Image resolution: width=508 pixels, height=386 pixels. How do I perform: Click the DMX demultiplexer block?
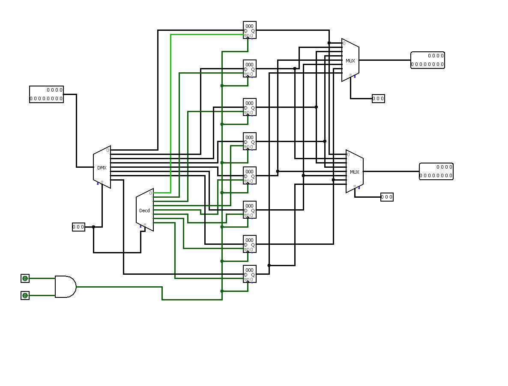[x=102, y=167]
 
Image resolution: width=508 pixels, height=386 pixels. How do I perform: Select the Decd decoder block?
[x=145, y=210]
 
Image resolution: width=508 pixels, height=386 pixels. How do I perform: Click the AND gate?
[x=65, y=287]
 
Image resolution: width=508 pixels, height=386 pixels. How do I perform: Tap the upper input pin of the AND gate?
[x=25, y=279]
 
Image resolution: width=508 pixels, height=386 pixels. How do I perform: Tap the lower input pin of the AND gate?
[x=25, y=296]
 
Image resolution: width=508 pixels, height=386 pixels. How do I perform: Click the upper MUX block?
[x=350, y=60]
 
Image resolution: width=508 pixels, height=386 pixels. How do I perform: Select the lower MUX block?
[x=355, y=172]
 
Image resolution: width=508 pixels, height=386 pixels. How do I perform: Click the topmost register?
[x=250, y=30]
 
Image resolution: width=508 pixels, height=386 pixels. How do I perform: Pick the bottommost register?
[x=250, y=274]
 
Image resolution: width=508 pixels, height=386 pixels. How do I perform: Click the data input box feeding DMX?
[x=46, y=94]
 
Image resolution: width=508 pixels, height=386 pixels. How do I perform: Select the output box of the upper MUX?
[x=427, y=60]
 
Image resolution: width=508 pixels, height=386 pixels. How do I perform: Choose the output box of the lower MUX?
[x=436, y=171]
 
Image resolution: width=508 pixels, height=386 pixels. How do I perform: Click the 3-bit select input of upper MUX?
[x=378, y=99]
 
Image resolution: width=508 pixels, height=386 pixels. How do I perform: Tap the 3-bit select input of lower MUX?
[x=387, y=197]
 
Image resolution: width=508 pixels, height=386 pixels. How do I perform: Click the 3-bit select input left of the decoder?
[x=78, y=227]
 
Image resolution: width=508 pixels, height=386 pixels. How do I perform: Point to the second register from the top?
[x=250, y=68]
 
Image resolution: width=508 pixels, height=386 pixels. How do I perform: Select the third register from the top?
[x=250, y=107]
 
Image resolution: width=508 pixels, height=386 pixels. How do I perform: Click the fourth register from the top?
[x=250, y=141]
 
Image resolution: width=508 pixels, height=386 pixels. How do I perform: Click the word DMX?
[x=102, y=168]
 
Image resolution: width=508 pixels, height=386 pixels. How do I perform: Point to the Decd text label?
[x=145, y=211]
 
